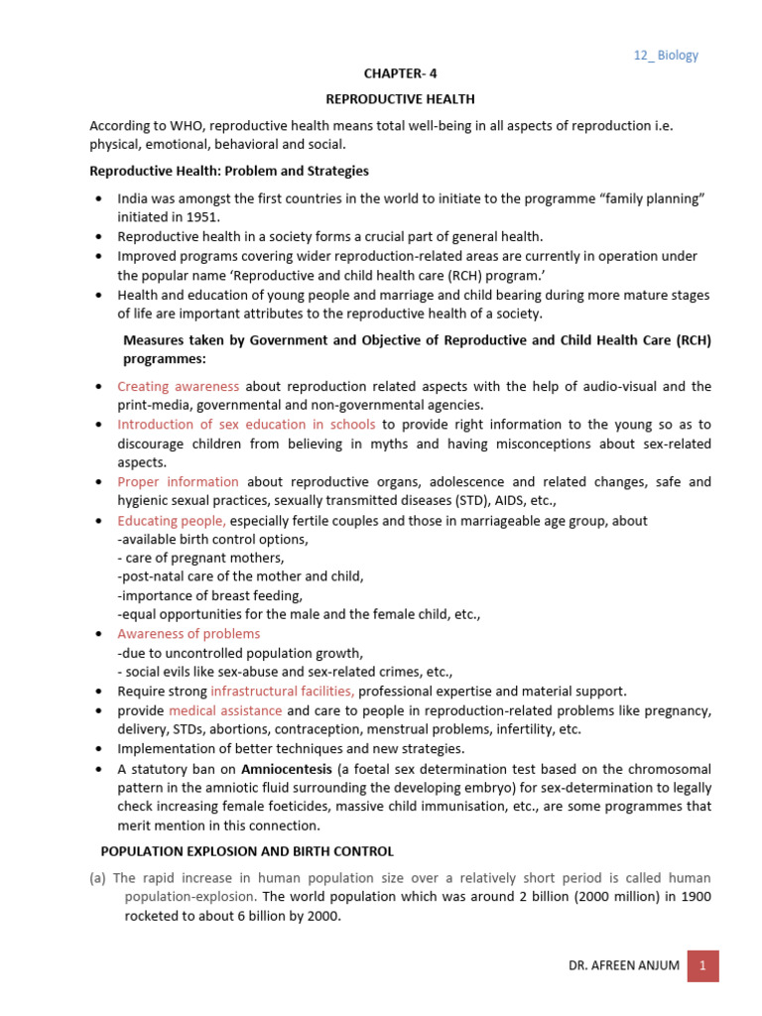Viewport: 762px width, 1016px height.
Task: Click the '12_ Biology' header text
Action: (x=666, y=56)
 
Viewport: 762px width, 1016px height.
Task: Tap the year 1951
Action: (x=202, y=217)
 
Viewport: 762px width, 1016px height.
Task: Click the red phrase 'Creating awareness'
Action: (x=179, y=386)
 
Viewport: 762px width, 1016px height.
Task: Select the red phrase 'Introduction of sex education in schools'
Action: (x=246, y=425)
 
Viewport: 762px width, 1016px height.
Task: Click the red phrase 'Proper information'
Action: (x=179, y=482)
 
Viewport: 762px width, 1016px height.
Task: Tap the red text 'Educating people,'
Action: (x=172, y=520)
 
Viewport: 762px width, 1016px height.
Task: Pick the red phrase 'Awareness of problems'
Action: (x=189, y=634)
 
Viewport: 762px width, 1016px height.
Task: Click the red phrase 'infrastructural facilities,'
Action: (x=283, y=691)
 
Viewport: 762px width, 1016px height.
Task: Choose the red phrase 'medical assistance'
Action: (x=225, y=710)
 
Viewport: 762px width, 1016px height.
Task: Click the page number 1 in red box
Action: (x=702, y=965)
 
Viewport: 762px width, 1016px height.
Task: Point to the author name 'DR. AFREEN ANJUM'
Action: (x=624, y=966)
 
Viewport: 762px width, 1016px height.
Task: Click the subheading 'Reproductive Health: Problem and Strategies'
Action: (x=229, y=172)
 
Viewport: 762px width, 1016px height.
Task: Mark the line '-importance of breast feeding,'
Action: (x=209, y=596)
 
